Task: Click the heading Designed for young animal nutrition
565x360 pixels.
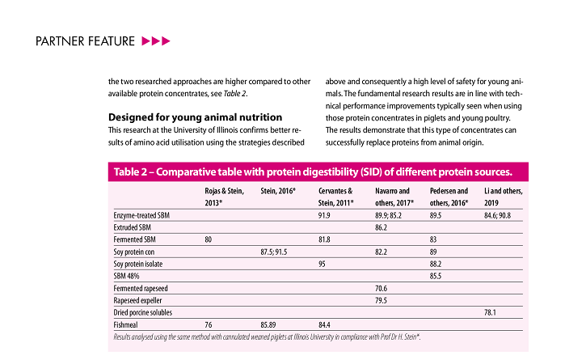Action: [195, 116]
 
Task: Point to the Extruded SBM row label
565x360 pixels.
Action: [134, 229]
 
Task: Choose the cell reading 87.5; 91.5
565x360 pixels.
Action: [276, 252]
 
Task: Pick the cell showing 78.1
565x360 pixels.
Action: [490, 311]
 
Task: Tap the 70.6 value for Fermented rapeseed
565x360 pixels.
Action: [382, 288]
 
